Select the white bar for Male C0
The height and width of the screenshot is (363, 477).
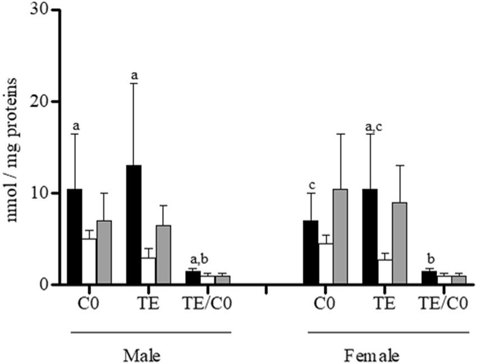click(x=89, y=261)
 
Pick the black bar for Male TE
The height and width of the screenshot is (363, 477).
click(x=134, y=225)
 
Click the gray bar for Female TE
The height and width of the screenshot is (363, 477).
click(x=400, y=243)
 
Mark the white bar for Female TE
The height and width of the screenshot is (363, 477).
click(x=384, y=272)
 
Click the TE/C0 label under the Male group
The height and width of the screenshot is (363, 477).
click(x=208, y=303)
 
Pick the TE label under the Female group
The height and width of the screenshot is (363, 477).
click(x=384, y=303)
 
